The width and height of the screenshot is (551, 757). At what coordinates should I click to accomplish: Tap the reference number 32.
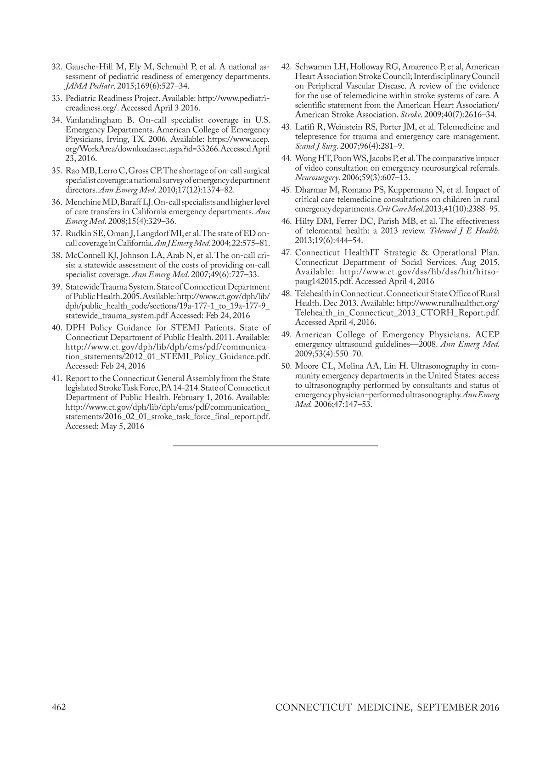(56, 67)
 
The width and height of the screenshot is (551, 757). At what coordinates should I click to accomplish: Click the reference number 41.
(56, 378)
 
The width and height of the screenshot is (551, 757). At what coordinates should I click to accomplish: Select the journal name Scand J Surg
(313, 146)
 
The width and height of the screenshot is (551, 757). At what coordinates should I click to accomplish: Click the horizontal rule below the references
(275, 445)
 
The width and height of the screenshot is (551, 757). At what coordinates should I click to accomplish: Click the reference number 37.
(56, 233)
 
